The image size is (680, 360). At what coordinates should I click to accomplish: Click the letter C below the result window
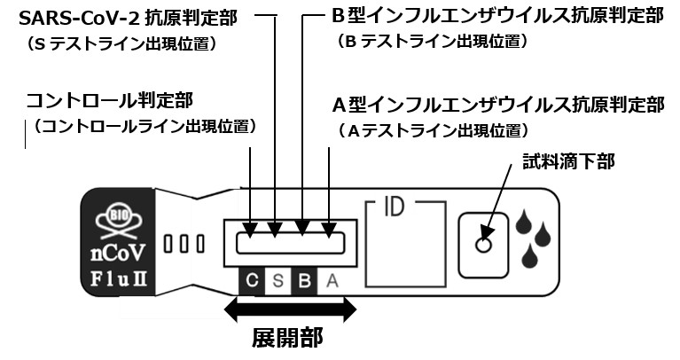click(x=252, y=282)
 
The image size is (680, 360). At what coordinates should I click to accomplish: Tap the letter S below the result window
click(x=277, y=282)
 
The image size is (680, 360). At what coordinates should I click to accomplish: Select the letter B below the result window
click(x=303, y=282)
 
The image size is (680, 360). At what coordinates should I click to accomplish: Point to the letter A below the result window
click(x=330, y=282)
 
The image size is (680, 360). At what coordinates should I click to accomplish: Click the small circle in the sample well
click(x=483, y=244)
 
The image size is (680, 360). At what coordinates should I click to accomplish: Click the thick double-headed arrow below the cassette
click(x=290, y=309)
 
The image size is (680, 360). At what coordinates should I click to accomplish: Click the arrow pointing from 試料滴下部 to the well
click(x=501, y=196)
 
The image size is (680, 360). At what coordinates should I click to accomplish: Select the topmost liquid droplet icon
click(x=525, y=220)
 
